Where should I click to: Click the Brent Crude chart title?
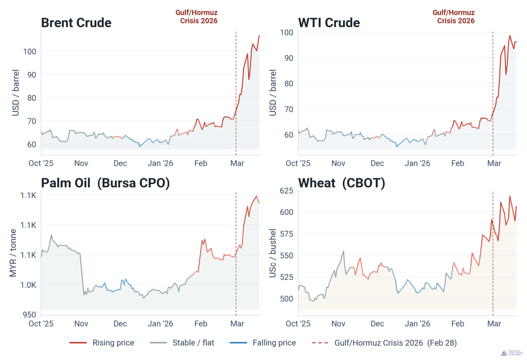coord(76,23)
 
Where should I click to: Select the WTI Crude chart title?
coord(329,23)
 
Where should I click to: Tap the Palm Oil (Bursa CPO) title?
coord(105,183)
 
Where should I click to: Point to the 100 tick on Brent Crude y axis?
coord(29,51)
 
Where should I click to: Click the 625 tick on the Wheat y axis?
coord(286,191)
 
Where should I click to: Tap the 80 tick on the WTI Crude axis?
coord(288,83)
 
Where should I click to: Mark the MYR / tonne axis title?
coord(14,253)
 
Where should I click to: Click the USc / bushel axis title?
coord(273,253)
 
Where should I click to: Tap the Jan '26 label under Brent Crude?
coord(161,164)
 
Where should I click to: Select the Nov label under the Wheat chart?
coord(338,324)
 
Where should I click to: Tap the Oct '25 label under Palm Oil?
coord(41,324)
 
